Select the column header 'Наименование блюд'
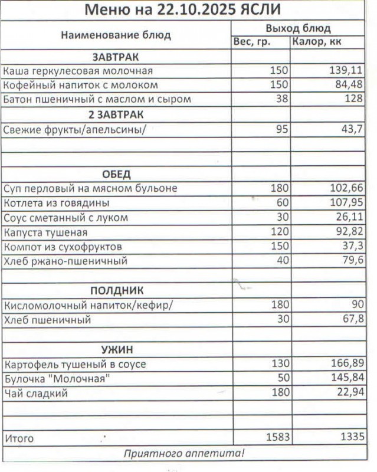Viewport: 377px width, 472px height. click(x=116, y=35)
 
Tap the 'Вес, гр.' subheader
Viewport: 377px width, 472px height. click(x=252, y=42)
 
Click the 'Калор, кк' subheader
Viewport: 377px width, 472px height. click(x=317, y=42)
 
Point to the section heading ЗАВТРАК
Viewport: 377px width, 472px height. click(x=116, y=57)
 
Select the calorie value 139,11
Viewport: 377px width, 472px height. click(x=345, y=71)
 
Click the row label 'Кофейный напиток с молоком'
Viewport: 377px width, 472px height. click(x=81, y=85)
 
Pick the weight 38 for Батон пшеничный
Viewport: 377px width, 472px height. click(x=281, y=99)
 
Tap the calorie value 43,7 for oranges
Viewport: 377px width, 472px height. click(x=350, y=129)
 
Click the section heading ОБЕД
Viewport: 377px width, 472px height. click(x=116, y=174)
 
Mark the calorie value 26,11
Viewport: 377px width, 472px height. click(x=348, y=218)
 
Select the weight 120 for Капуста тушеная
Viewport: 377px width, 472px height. click(x=279, y=232)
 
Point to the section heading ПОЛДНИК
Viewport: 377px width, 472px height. click(x=116, y=291)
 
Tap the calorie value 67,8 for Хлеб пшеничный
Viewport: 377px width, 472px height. click(x=350, y=320)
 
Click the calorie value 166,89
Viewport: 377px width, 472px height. click(x=345, y=364)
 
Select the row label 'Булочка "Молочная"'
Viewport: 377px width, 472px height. click(x=57, y=378)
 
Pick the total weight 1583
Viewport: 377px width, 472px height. click(x=276, y=437)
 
